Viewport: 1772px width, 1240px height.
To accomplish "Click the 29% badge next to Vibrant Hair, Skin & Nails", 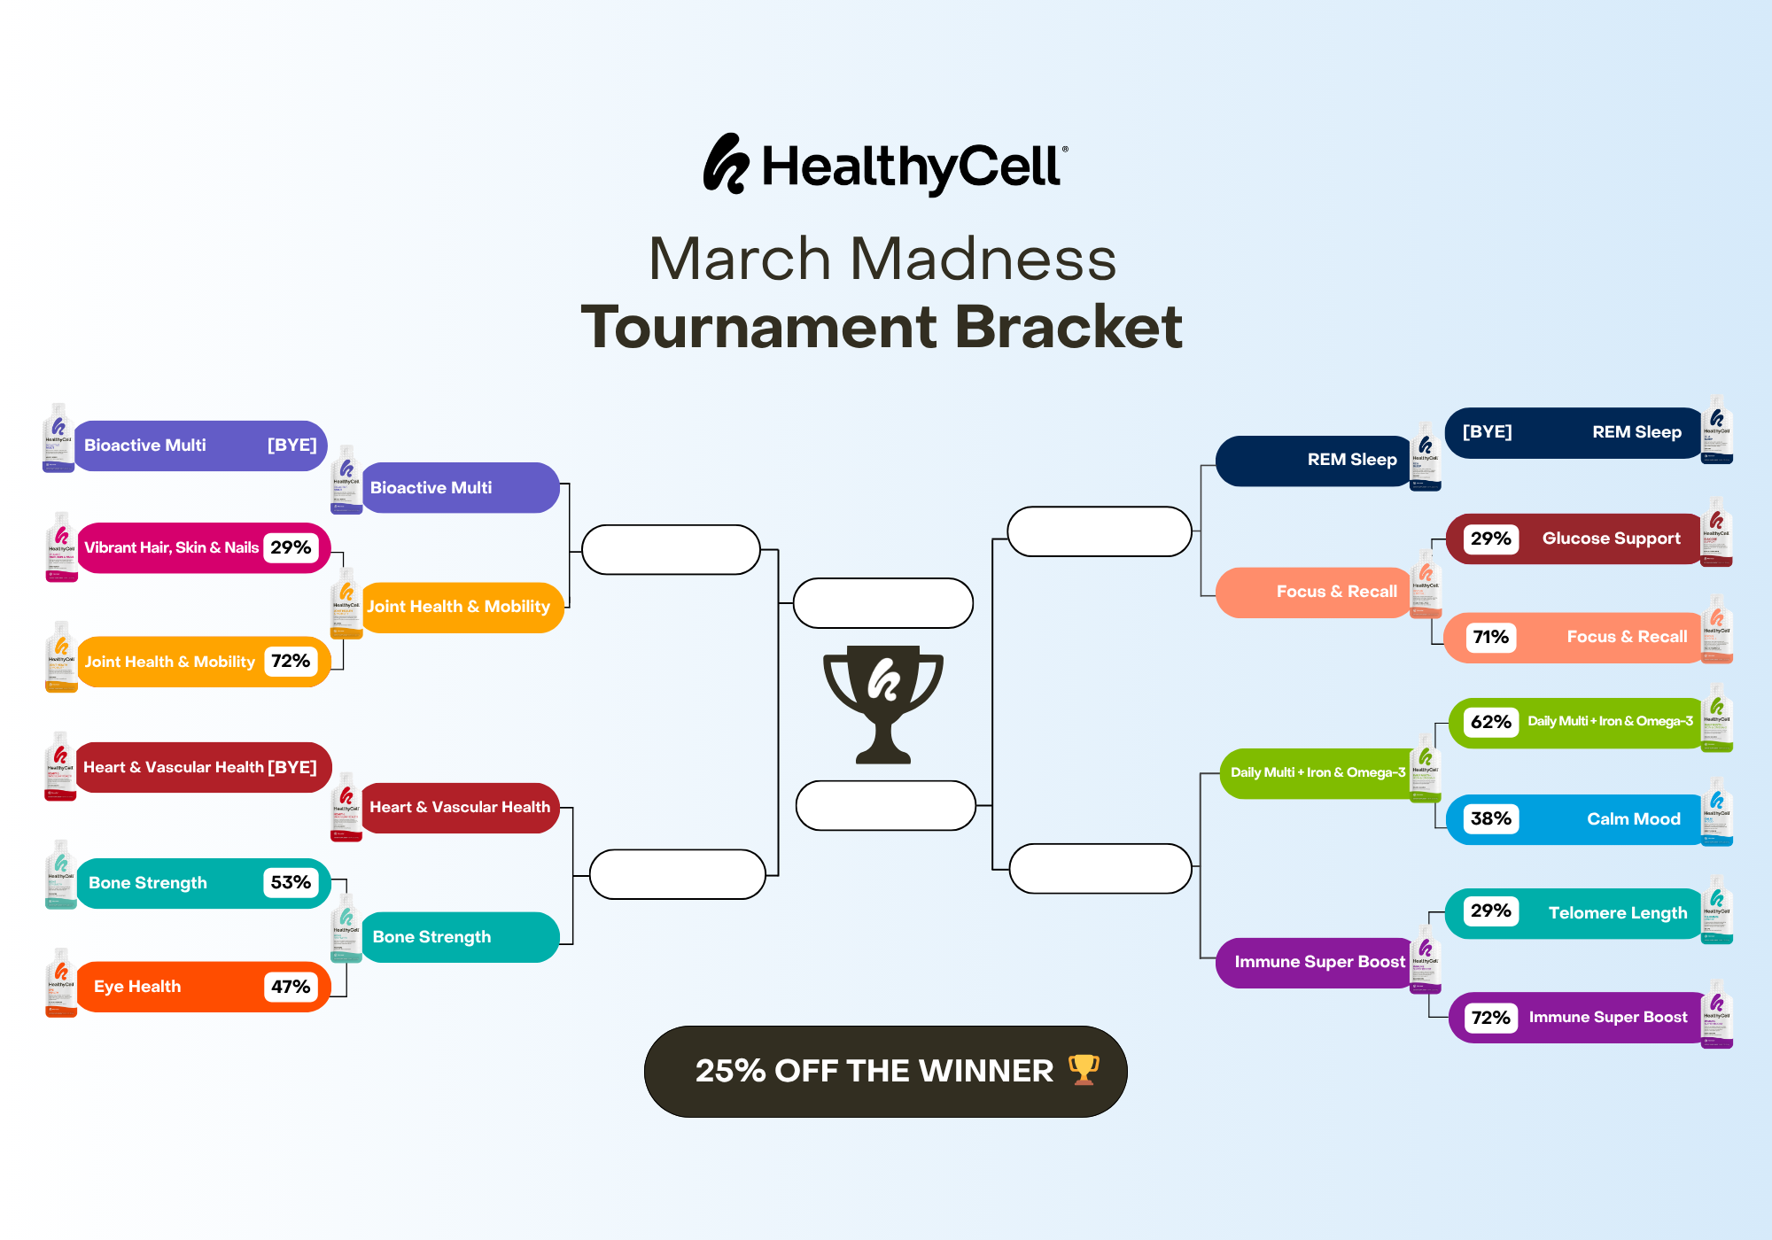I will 291,547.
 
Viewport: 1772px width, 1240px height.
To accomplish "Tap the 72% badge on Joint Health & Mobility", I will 291,661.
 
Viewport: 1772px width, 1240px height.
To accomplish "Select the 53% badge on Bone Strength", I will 291,882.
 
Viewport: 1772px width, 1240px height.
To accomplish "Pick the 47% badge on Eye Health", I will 291,987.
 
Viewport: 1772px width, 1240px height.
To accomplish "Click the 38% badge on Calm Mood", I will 1491,818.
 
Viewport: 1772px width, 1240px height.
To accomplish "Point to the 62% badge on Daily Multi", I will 1491,722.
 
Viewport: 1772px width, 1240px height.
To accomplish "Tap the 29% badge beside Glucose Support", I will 1491,539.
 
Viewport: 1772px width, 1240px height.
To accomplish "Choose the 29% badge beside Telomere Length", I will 1491,911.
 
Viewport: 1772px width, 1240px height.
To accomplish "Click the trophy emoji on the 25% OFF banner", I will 1084,1069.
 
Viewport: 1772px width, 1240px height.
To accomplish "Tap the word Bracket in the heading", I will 1069,327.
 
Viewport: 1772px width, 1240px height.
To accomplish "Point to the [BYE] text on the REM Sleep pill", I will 1487,432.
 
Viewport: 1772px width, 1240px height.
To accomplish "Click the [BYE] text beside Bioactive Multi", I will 291,445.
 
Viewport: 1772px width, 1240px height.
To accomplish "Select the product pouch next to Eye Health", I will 61,983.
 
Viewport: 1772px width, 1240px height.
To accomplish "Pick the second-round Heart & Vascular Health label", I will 460,807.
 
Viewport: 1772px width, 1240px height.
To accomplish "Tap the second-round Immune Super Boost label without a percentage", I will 1319,962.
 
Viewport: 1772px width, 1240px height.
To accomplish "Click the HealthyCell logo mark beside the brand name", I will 726,164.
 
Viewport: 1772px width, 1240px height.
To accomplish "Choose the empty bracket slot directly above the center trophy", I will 883,603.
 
